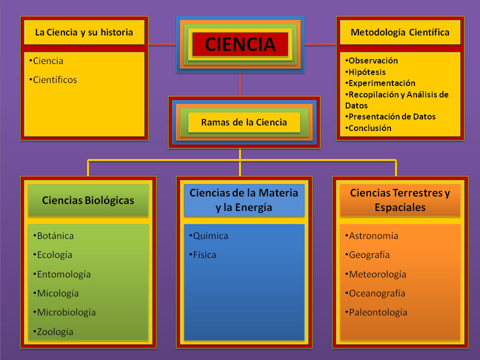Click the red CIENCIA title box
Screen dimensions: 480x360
[x=240, y=44]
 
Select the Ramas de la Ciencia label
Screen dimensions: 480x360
[x=244, y=122]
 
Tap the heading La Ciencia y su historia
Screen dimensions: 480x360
[x=84, y=32]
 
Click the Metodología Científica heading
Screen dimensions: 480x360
[x=399, y=32]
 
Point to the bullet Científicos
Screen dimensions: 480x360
[x=54, y=79]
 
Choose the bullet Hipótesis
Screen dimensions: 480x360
[x=366, y=72]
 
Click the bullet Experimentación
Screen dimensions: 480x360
[x=381, y=83]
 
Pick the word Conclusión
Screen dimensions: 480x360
[x=369, y=128]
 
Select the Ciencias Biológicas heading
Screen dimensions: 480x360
[x=88, y=200]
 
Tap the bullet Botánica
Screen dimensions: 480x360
[x=55, y=236]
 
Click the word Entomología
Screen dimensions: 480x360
[x=63, y=274]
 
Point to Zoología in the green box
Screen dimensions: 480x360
[x=55, y=331]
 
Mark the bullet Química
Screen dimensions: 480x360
[x=210, y=236]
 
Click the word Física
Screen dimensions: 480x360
[x=204, y=255]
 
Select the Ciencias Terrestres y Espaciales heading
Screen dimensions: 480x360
[x=400, y=200]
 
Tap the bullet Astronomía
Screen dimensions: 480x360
[x=373, y=236]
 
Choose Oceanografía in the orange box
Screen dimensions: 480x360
[x=376, y=293]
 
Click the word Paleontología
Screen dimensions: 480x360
[x=377, y=312]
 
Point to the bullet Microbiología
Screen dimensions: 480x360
[x=66, y=312]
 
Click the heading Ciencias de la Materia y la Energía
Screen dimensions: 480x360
[x=244, y=200]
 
